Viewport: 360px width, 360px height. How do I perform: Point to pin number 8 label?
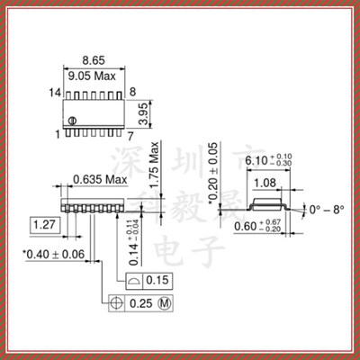tap(133, 93)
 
